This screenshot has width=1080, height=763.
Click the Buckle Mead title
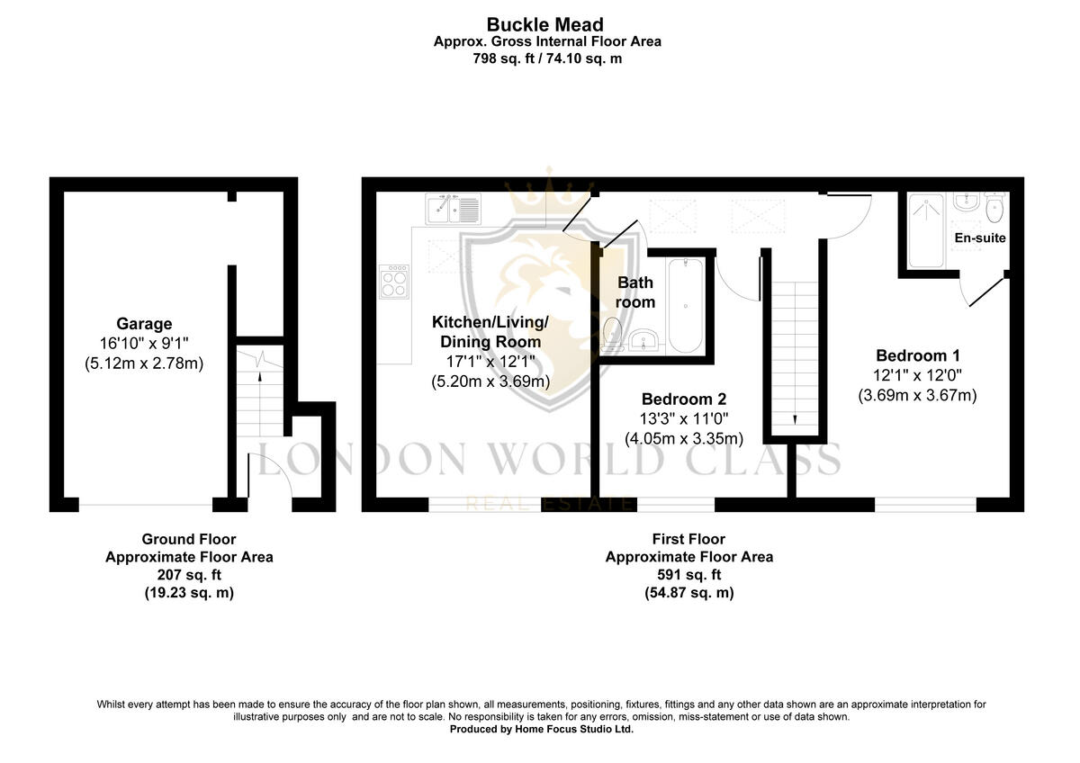pos(544,24)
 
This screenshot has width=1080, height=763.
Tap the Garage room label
pos(144,324)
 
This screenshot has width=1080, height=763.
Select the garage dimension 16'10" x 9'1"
pos(144,344)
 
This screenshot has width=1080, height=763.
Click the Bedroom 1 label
pos(912,355)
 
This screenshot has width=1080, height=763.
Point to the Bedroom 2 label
pos(683,399)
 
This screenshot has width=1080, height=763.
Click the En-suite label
pos(981,238)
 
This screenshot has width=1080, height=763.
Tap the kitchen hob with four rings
pos(394,283)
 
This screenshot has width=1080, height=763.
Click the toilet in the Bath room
pos(613,332)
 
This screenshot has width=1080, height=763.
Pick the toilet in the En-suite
pos(994,209)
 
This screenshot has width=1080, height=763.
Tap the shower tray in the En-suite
pos(926,230)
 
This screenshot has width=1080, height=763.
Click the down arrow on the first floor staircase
pos(796,419)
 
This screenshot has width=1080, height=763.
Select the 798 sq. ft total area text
pos(547,58)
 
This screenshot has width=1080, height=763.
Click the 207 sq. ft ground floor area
pos(189,575)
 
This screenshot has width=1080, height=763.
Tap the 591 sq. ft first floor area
pos(688,575)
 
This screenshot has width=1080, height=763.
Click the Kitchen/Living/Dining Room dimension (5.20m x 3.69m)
pos(490,381)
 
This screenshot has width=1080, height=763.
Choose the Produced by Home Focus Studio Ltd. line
pos(542,730)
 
